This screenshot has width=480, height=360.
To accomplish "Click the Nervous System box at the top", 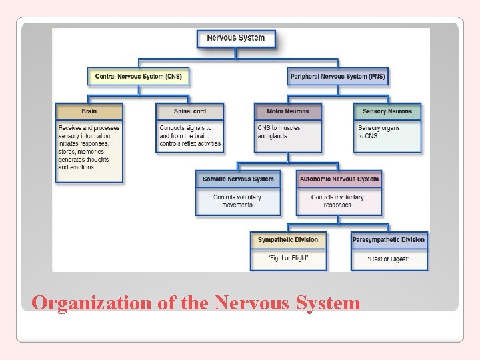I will (236, 38).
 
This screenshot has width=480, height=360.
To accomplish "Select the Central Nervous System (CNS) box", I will (139, 77).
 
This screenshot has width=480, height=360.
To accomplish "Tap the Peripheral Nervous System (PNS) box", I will (337, 77).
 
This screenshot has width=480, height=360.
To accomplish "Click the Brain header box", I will (89, 111).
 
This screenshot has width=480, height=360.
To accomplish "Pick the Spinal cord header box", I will (190, 111).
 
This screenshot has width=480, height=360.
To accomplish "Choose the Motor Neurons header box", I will (288, 111).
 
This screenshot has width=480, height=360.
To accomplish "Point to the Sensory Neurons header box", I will (387, 111).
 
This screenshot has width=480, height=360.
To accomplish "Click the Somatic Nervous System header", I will (238, 179).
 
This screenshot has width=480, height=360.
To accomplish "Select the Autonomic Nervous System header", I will (339, 179).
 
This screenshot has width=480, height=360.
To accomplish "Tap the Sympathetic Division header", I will (288, 240).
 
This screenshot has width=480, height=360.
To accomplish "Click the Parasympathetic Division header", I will (389, 240).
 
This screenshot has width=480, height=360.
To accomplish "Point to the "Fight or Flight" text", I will (288, 258).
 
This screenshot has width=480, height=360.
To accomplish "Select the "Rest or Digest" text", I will (389, 259).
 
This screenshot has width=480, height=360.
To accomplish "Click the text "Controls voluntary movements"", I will (237, 201).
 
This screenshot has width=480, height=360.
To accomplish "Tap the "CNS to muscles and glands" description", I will (279, 132).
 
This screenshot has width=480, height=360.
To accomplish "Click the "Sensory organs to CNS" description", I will (378, 132).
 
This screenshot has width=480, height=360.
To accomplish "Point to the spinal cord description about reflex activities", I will (190, 136).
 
